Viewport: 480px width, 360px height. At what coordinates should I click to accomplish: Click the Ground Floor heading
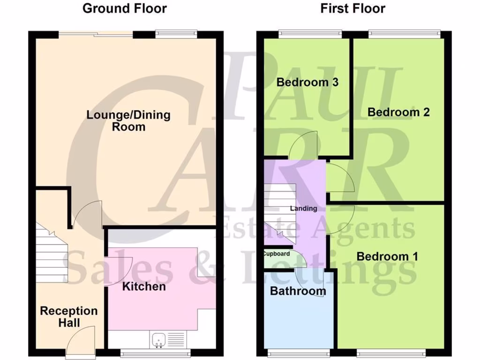124,8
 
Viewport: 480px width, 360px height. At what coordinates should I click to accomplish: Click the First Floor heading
352,8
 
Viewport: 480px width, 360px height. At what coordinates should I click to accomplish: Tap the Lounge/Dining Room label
128,120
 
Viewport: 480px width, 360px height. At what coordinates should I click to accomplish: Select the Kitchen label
144,286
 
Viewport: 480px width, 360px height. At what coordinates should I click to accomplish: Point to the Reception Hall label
68,316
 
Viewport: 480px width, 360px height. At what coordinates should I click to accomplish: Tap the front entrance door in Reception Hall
81,339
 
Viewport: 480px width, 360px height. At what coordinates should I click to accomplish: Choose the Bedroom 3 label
307,82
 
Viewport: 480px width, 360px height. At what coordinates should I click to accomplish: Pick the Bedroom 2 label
398,112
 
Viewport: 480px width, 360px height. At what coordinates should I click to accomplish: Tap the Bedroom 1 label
387,256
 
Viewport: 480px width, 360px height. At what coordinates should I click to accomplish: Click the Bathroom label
298,291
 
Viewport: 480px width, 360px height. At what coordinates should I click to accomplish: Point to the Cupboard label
277,254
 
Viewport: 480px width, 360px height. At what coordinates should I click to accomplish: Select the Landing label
303,208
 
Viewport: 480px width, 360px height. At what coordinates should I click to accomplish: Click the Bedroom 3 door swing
303,145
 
